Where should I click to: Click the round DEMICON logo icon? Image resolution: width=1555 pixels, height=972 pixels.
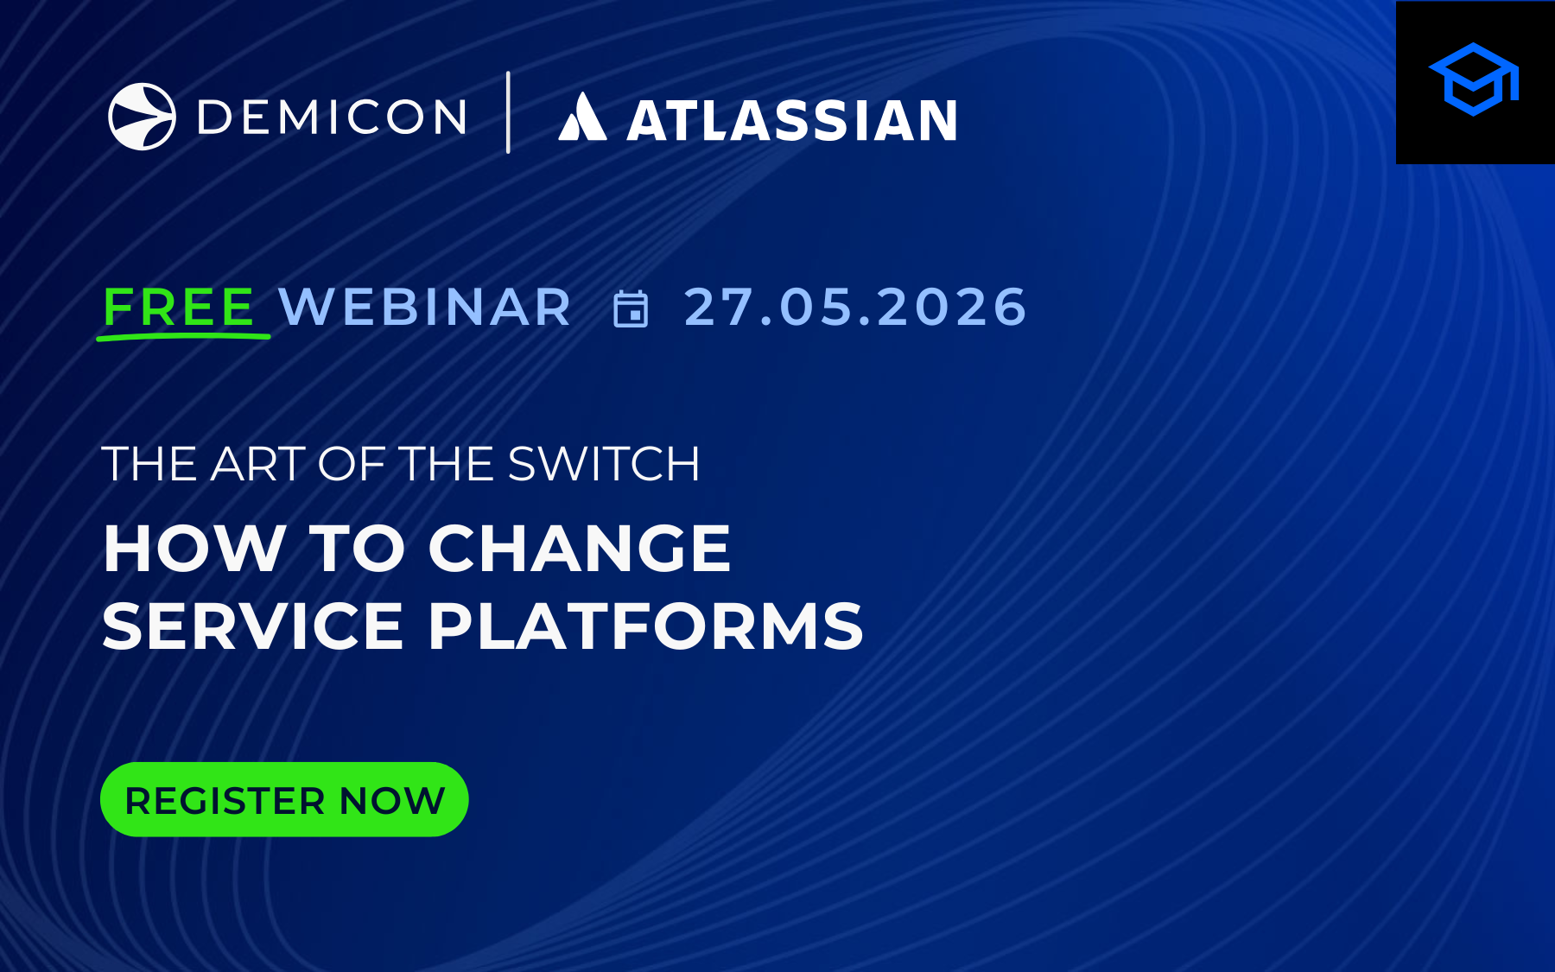pyautogui.click(x=142, y=117)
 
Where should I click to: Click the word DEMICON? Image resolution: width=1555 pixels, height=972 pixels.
pyautogui.click(x=333, y=118)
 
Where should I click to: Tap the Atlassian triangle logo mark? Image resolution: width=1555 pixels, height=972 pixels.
pyautogui.click(x=582, y=118)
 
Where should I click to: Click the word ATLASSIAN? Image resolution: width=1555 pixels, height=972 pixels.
pyautogui.click(x=792, y=121)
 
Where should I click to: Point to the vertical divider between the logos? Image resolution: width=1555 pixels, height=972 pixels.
pyautogui.click(x=508, y=113)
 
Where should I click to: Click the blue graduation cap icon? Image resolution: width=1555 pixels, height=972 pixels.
pyautogui.click(x=1474, y=79)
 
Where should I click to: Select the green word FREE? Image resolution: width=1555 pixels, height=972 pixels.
pyautogui.click(x=179, y=307)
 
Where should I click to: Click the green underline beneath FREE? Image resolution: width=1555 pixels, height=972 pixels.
pyautogui.click(x=183, y=336)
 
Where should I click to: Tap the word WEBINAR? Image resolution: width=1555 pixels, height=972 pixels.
pyautogui.click(x=425, y=307)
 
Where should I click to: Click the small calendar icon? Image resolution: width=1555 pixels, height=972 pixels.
pyautogui.click(x=631, y=309)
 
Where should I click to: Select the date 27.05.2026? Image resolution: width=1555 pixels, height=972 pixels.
pyautogui.click(x=855, y=307)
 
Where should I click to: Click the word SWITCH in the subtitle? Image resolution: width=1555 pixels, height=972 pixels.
pyautogui.click(x=604, y=465)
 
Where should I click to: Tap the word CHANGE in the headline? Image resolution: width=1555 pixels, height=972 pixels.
pyautogui.click(x=580, y=549)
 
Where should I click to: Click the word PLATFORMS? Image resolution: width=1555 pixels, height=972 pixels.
pyautogui.click(x=646, y=626)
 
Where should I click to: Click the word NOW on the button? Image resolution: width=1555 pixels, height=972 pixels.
pyautogui.click(x=392, y=801)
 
